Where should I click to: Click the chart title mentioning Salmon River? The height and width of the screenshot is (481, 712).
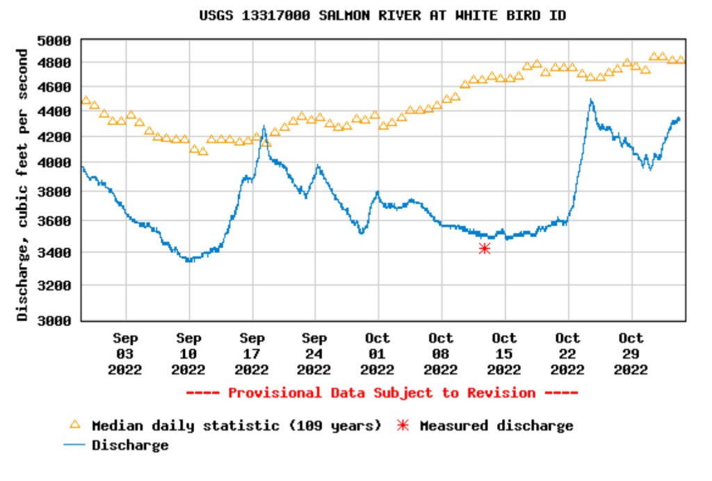click(x=382, y=15)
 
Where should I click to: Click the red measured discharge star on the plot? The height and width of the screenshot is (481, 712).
click(x=485, y=248)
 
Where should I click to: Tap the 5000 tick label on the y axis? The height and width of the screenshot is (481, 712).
click(x=54, y=40)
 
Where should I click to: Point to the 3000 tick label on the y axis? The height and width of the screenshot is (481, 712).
click(x=54, y=320)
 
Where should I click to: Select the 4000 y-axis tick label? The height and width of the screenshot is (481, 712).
click(x=54, y=163)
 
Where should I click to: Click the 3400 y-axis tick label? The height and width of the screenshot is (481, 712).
click(x=54, y=252)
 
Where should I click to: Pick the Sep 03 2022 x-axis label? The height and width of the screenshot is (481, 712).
click(x=125, y=354)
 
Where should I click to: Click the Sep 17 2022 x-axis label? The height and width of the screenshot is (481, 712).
click(x=252, y=354)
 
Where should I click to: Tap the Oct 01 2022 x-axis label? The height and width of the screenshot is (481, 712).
click(x=378, y=354)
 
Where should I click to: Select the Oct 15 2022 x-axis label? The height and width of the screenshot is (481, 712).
click(x=504, y=354)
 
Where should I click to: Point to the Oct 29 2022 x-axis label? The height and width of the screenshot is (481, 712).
click(x=631, y=354)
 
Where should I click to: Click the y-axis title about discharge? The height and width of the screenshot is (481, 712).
click(x=23, y=184)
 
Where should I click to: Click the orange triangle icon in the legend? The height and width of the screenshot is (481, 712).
click(x=75, y=425)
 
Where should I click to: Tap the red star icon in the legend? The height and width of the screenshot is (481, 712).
click(x=402, y=425)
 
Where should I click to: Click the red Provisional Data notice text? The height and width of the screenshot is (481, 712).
click(x=382, y=393)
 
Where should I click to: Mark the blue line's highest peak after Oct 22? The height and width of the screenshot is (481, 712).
click(x=591, y=101)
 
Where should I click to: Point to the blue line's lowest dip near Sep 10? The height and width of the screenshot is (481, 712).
click(x=189, y=260)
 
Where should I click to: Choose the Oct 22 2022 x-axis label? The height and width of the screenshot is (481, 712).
click(x=567, y=354)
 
